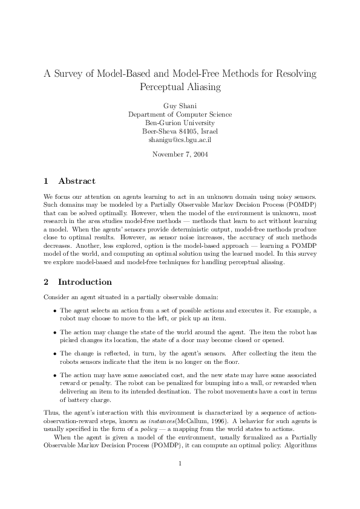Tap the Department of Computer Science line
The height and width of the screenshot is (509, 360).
tap(180, 114)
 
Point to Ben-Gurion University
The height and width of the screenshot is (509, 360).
tap(180, 123)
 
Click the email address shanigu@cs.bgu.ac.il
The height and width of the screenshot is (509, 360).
tap(180, 140)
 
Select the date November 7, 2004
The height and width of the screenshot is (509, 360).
tap(180, 154)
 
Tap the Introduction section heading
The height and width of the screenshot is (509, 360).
tap(85, 282)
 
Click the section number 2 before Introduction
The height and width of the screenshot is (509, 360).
tap(47, 282)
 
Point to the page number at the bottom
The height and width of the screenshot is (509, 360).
tap(180, 481)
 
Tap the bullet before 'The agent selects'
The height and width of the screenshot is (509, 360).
tap(54, 311)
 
